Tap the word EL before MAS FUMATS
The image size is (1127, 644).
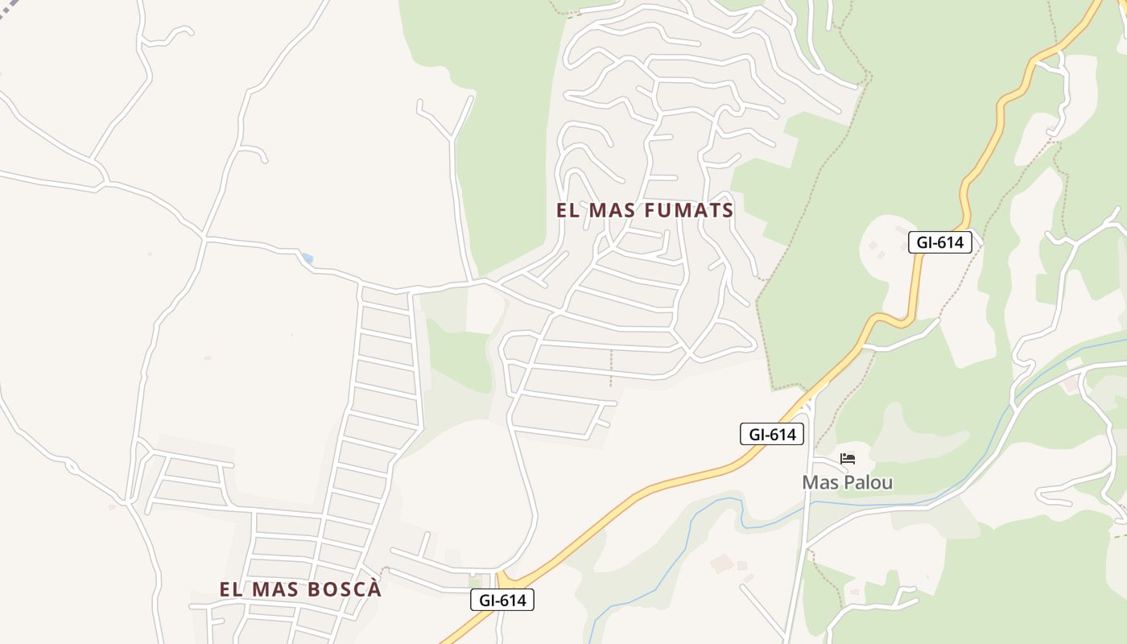(568, 210)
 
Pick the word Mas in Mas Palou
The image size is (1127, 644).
(819, 482)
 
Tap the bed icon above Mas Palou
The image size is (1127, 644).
(847, 459)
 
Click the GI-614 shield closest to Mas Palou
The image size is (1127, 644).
(772, 435)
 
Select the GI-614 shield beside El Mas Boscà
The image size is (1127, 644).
(502, 600)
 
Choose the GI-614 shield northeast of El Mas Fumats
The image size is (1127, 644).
(939, 242)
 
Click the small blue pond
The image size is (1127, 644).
(306, 258)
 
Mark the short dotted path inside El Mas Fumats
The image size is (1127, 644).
(611, 368)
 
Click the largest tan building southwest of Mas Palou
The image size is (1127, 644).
(721, 563)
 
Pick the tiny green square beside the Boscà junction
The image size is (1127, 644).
(475, 581)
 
